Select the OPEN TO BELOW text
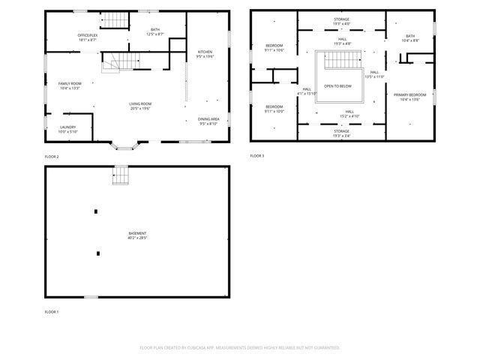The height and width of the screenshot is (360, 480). pos(337,86)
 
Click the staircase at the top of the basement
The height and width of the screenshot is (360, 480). pos(121,175)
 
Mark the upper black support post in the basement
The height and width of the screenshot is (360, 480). pos(95,211)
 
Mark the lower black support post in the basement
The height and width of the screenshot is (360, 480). pos(97,253)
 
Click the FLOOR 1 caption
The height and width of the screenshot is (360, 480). pos(51,311)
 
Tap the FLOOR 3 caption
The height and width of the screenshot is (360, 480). pos(256,156)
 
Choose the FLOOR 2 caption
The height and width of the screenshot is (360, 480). pos(51,156)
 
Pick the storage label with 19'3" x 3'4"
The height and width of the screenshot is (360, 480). pos(341,133)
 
